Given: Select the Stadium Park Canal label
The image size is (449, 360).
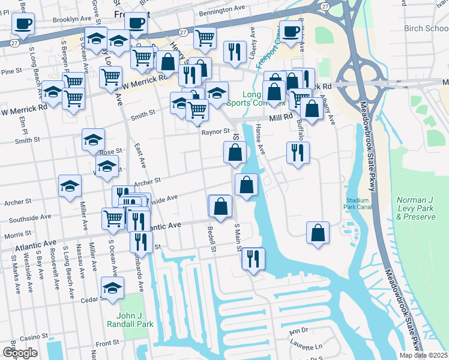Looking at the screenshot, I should coord(357,203).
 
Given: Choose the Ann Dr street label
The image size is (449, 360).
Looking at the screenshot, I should coord(298,331).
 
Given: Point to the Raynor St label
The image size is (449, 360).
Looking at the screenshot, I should coord(216,131).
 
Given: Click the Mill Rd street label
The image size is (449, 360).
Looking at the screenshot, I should coord(280,118).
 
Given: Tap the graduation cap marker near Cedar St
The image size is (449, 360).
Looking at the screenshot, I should coord(112,288).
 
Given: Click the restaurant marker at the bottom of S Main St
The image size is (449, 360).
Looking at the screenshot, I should coord(253,259).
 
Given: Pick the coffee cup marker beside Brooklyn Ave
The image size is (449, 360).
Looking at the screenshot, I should coord(23,24).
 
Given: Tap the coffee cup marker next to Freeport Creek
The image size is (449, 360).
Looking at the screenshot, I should coord(291,32).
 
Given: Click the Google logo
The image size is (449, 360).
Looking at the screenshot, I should coord(20,353).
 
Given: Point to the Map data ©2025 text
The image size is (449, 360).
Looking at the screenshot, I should coord(424,355).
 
